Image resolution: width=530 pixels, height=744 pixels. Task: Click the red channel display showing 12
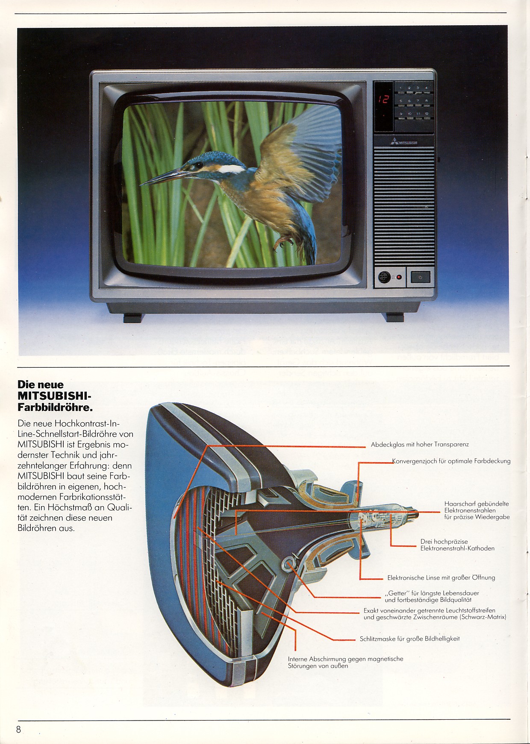pos(383,100)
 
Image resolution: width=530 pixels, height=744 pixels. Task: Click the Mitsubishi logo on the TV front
pos(404,142)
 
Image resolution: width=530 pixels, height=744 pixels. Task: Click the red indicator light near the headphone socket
pos(399,277)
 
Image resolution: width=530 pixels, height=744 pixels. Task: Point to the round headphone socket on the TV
pos(383,277)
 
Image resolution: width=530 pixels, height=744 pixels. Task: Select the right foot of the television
pos(395,317)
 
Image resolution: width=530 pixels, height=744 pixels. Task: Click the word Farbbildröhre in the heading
pos(55,407)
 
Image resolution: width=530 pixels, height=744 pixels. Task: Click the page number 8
pos(18,729)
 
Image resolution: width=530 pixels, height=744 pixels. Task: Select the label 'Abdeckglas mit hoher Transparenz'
pos(420,444)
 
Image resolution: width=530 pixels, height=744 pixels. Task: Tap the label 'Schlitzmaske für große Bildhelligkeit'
pos(409,639)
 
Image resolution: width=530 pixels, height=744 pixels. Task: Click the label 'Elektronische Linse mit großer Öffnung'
pos(441,577)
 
